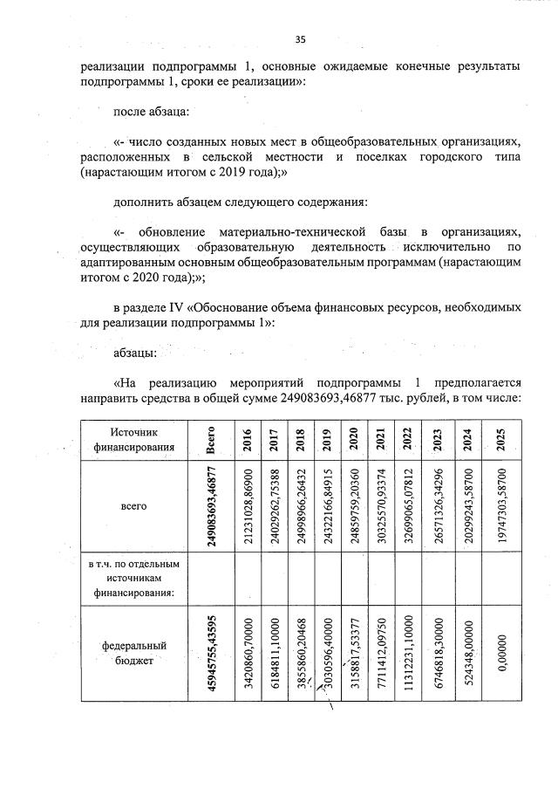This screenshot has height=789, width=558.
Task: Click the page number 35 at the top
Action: pyautogui.click(x=300, y=39)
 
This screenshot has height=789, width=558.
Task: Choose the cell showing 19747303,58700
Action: pyautogui.click(x=500, y=505)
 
